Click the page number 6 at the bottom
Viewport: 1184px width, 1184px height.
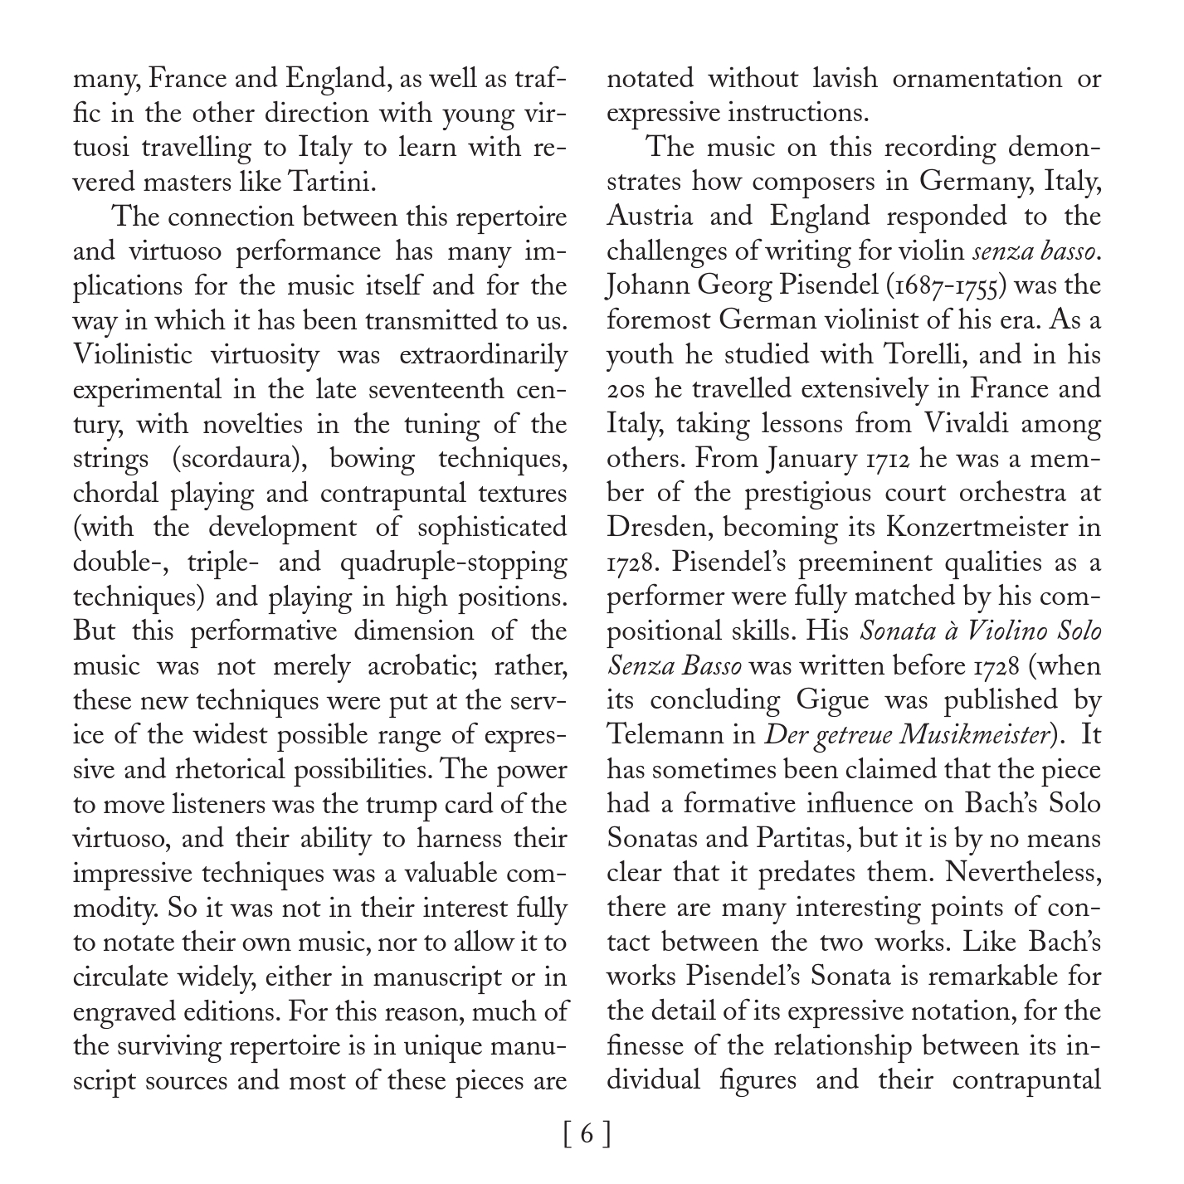(x=587, y=1133)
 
